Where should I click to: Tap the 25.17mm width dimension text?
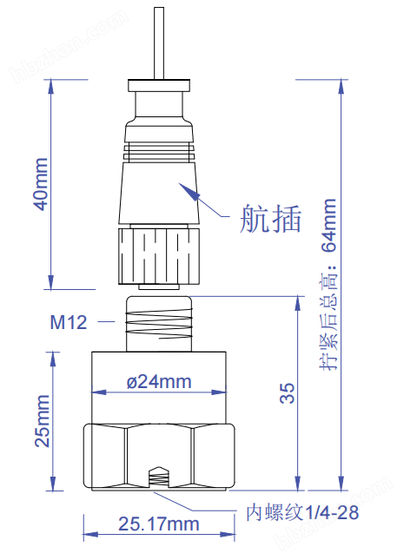click(x=158, y=524)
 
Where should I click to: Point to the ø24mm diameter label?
click(x=159, y=381)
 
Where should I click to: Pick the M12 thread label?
click(x=68, y=323)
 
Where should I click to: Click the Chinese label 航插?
click(x=270, y=220)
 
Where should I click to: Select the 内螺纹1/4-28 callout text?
click(x=302, y=512)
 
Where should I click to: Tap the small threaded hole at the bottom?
click(x=158, y=478)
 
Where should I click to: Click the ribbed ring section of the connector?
click(x=158, y=152)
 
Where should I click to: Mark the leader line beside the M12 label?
click(x=106, y=323)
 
